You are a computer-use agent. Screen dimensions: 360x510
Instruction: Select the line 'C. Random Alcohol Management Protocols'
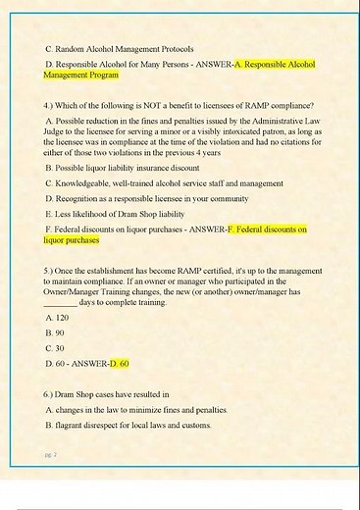point(121,47)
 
